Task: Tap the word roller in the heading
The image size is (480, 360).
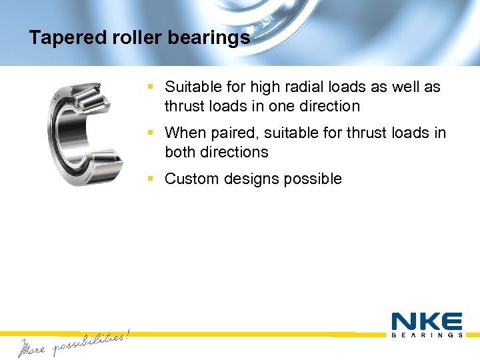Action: [131, 38]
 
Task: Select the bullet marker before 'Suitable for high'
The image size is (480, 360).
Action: [151, 87]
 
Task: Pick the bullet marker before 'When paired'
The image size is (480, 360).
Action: [151, 133]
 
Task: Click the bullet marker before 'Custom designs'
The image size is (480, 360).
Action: [151, 179]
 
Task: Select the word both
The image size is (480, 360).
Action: [179, 152]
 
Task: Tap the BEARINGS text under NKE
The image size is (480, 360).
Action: [427, 335]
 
